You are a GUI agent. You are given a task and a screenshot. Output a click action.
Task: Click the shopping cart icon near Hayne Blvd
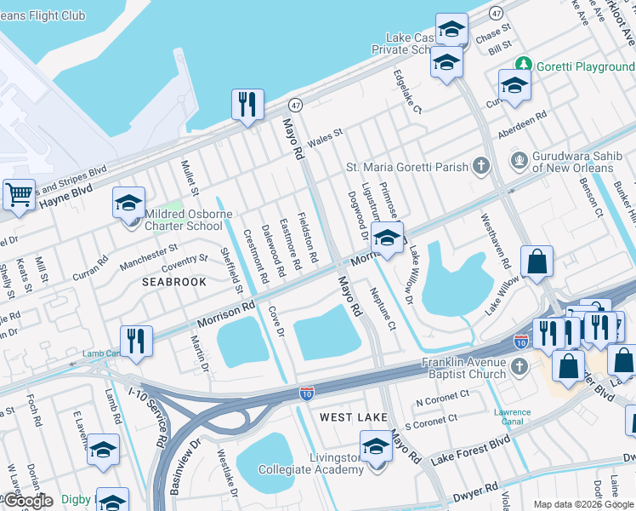18,194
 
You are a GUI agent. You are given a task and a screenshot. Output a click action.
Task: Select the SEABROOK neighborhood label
173,281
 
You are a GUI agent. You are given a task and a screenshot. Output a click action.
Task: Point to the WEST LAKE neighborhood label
354,417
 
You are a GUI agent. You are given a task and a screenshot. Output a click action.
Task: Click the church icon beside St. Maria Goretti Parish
481,166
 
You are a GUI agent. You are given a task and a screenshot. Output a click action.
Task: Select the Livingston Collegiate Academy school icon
376,446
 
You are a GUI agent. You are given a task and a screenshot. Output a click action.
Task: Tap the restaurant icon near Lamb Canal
136,341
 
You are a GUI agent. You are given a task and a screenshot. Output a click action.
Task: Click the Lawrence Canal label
513,417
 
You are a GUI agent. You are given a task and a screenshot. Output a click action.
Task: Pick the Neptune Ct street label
383,308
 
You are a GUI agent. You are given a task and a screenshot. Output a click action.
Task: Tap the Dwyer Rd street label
474,490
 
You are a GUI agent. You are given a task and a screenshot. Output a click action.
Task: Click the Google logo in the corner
27,500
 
